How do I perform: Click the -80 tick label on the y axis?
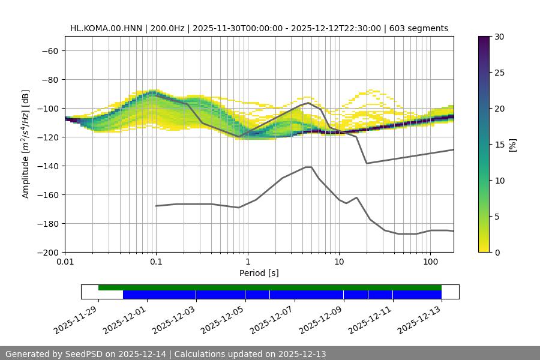pos(49,80)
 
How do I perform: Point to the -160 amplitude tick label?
pos(46,195)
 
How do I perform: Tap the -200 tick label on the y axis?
pos(46,253)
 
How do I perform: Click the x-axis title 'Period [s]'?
pos(259,273)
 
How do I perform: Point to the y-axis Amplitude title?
pos(26,145)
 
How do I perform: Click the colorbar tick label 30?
pos(499,37)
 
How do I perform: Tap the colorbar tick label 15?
pos(499,145)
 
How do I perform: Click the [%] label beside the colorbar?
pos(512,145)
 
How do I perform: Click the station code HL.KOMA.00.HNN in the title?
pos(103,28)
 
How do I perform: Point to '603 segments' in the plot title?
pos(419,28)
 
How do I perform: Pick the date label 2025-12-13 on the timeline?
pos(421,318)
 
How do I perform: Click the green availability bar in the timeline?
pos(270,287)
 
